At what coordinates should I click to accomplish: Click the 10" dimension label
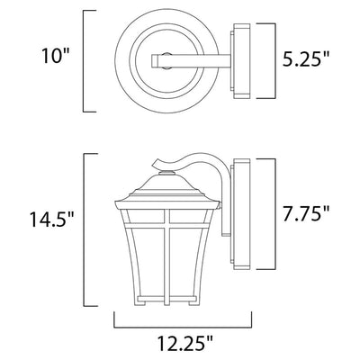pos(56,56)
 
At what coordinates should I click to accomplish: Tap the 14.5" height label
pos(50,219)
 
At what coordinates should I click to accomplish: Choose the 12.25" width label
pos(185,343)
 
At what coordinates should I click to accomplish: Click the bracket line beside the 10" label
pos(84,61)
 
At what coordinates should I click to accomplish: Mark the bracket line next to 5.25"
pos(274,61)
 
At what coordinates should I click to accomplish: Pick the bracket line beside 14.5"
pos(84,230)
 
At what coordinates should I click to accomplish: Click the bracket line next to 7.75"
pos(274,214)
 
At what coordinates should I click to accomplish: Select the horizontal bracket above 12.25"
pos(183,327)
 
